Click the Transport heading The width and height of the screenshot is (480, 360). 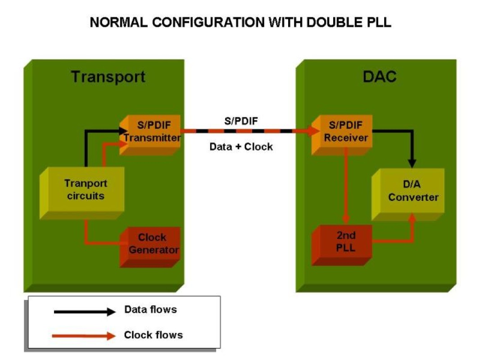coord(109,77)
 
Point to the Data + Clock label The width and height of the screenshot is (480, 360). coord(241,146)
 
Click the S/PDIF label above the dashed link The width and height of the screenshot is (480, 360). coord(241,121)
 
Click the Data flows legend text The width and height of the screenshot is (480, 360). coord(150,310)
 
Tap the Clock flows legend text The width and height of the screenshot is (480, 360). coord(153,335)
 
